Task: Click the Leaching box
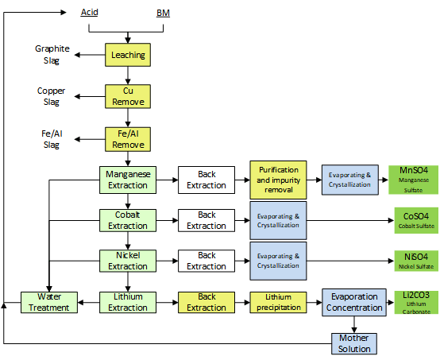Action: pyautogui.click(x=128, y=55)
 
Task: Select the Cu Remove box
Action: pyautogui.click(x=128, y=96)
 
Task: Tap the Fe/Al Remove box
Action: pyautogui.click(x=128, y=139)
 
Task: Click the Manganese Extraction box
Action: pyautogui.click(x=128, y=180)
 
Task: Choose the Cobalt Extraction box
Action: pyautogui.click(x=128, y=220)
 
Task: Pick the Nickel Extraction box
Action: pyautogui.click(x=128, y=261)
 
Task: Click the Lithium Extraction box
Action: pyautogui.click(x=128, y=303)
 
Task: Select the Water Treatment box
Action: pyautogui.click(x=49, y=303)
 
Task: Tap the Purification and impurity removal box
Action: pyautogui.click(x=278, y=180)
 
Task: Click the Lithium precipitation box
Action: pyautogui.click(x=278, y=303)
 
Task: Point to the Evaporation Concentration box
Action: pyautogui.click(x=354, y=303)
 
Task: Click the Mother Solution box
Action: pyautogui.click(x=354, y=344)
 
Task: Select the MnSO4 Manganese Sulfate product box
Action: pyautogui.click(x=413, y=180)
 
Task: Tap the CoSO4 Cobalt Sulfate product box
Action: pyautogui.click(x=416, y=220)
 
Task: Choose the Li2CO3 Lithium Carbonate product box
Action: pyautogui.click(x=416, y=303)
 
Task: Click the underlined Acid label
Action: pyautogui.click(x=90, y=13)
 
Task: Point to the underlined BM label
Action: pyautogui.click(x=163, y=13)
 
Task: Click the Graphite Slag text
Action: pyautogui.click(x=52, y=55)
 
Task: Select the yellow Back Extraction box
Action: pyautogui.click(x=206, y=303)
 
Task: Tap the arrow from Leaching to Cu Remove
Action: pyautogui.click(x=128, y=75)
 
